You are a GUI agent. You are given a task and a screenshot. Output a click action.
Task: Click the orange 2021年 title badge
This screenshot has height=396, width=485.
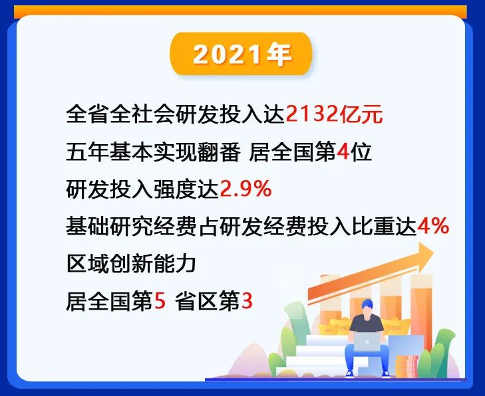coord(241,54)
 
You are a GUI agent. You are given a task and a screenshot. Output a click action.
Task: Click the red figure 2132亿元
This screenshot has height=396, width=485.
coord(334,114)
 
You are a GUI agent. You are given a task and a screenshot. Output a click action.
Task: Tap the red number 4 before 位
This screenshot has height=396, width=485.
coord(343,151)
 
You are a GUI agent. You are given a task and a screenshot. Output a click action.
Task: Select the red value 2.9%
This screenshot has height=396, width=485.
coord(245,189)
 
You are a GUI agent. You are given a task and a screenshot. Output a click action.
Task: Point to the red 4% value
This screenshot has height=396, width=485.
coord(433,226)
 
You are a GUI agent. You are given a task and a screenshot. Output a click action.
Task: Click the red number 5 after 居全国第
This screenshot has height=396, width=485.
coord(160,301)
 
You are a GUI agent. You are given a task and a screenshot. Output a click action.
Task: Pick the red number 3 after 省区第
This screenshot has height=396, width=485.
coord(247,301)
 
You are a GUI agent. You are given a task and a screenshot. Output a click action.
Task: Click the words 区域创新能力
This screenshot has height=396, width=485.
coord(131,264)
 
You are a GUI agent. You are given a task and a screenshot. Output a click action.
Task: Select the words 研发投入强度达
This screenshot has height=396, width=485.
coord(142,189)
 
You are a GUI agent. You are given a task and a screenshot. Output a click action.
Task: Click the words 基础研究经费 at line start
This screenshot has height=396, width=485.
coord(131,227)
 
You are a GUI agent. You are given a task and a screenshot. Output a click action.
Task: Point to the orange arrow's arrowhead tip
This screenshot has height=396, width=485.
coord(434,252)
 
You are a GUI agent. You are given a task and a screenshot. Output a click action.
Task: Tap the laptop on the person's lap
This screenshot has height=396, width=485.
coord(367,342)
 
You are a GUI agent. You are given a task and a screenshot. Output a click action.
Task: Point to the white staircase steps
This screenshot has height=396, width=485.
coord(319,355)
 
